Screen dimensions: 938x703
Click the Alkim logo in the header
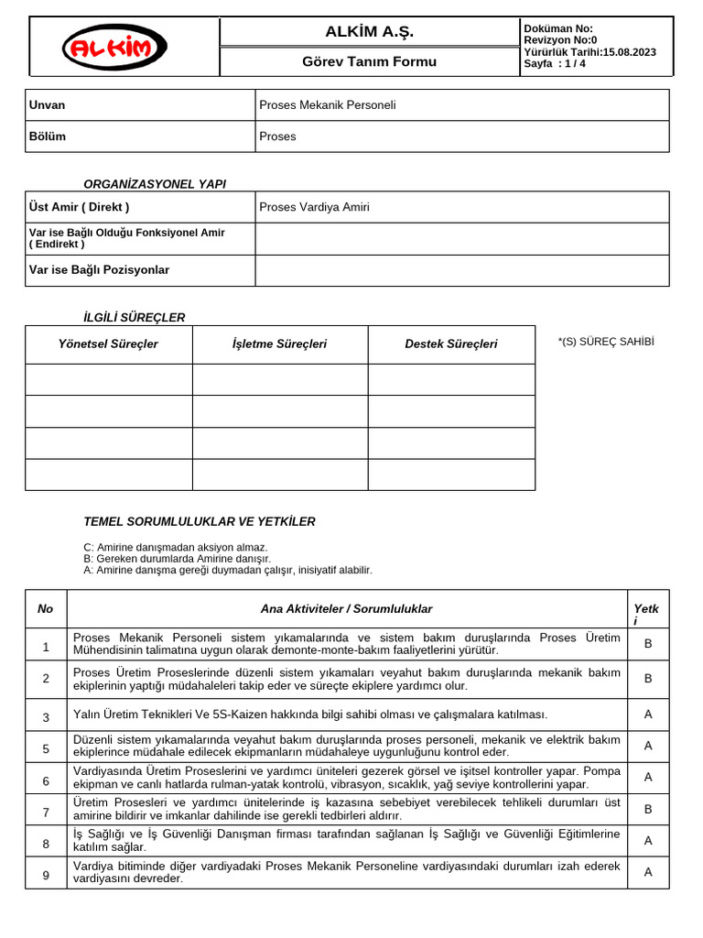[114, 47]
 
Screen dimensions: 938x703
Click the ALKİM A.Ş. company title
[369, 32]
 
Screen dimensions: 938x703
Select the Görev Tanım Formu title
[369, 61]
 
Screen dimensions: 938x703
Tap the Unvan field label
[48, 105]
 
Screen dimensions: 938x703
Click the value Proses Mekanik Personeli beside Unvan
[328, 105]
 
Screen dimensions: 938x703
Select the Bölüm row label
[48, 136]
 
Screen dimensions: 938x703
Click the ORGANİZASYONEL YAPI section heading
[155, 184]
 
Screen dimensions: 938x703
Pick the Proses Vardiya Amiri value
[315, 207]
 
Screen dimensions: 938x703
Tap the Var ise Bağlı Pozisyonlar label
[99, 270]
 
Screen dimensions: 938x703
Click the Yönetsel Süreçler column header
[108, 344]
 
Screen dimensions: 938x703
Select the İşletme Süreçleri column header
[279, 344]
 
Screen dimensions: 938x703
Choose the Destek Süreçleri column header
[451, 344]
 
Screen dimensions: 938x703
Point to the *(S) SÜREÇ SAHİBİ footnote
[606, 342]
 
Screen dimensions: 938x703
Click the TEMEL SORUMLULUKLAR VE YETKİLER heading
[200, 522]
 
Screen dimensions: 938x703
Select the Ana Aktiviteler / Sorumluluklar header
[346, 609]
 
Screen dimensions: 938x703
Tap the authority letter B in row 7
[648, 809]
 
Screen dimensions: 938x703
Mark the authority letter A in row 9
[648, 872]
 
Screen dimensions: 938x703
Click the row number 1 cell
[46, 647]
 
